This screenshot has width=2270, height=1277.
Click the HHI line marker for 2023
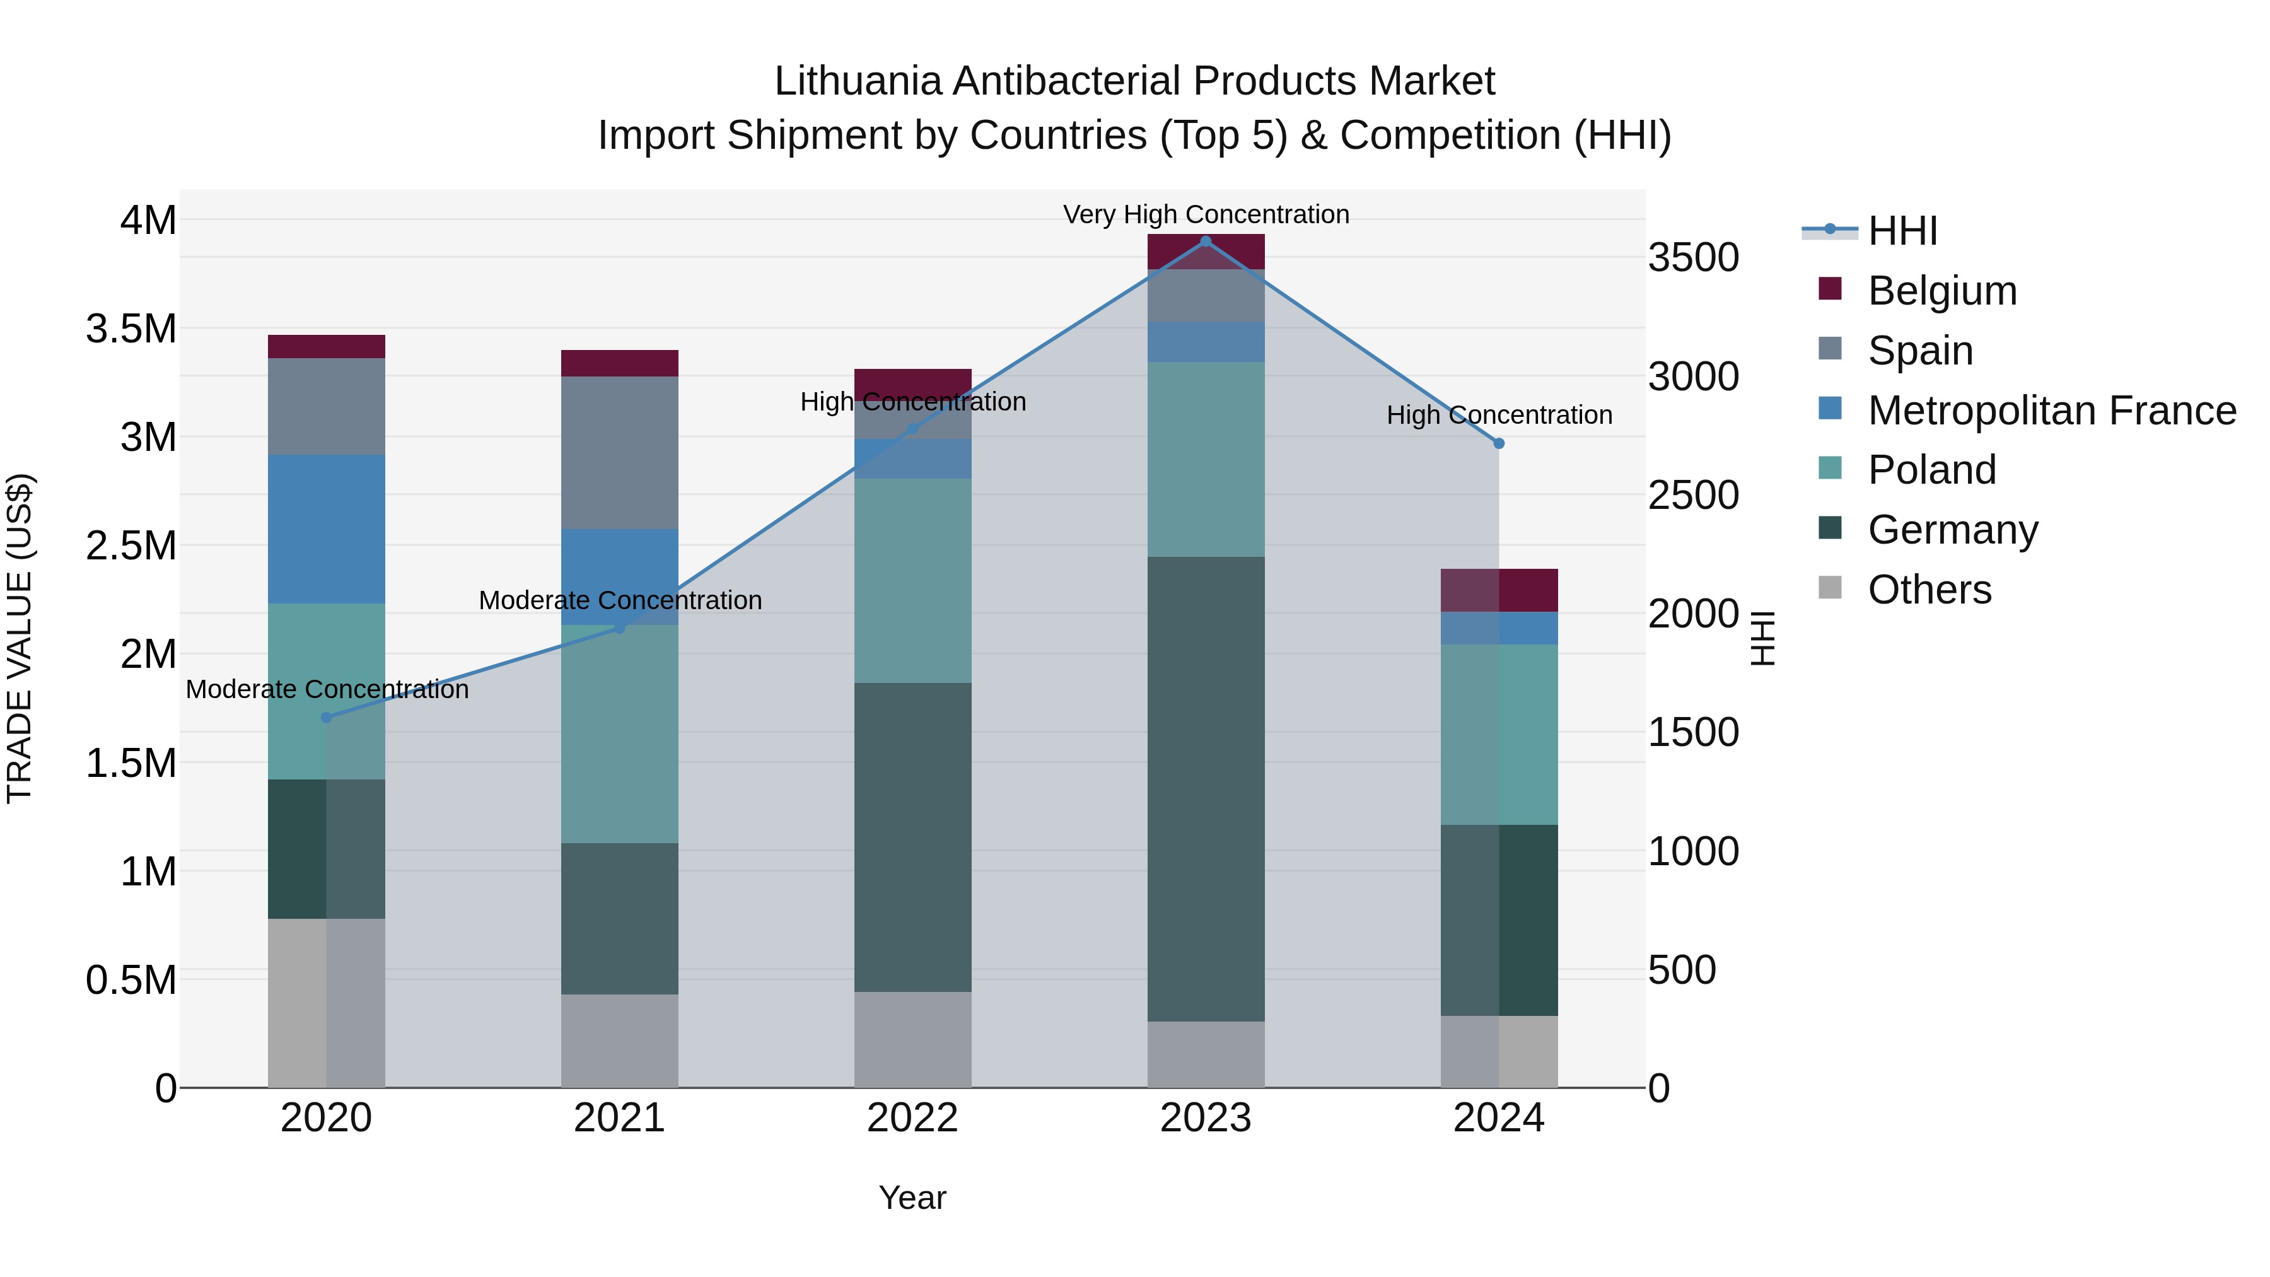click(1206, 242)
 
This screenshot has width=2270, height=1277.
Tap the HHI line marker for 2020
click(326, 718)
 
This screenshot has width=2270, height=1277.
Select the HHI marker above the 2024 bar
click(1499, 443)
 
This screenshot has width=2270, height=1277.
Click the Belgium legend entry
click(1941, 291)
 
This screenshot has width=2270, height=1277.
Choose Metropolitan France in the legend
click(2051, 411)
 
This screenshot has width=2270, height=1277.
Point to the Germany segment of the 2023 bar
click(1206, 789)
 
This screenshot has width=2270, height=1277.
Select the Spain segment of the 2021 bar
click(619, 452)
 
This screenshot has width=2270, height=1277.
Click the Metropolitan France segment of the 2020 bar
click(326, 529)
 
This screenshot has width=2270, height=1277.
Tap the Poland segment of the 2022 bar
click(913, 580)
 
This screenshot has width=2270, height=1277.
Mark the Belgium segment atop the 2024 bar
click(1499, 590)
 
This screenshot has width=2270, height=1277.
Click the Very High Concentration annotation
click(1206, 214)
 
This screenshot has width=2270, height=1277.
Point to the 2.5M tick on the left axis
click(131, 545)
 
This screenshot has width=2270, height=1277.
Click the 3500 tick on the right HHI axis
click(1693, 258)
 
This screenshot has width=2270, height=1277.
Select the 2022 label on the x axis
click(913, 1118)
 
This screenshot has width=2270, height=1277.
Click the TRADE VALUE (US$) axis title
click(20, 638)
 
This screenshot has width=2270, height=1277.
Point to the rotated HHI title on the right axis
click(1762, 638)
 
